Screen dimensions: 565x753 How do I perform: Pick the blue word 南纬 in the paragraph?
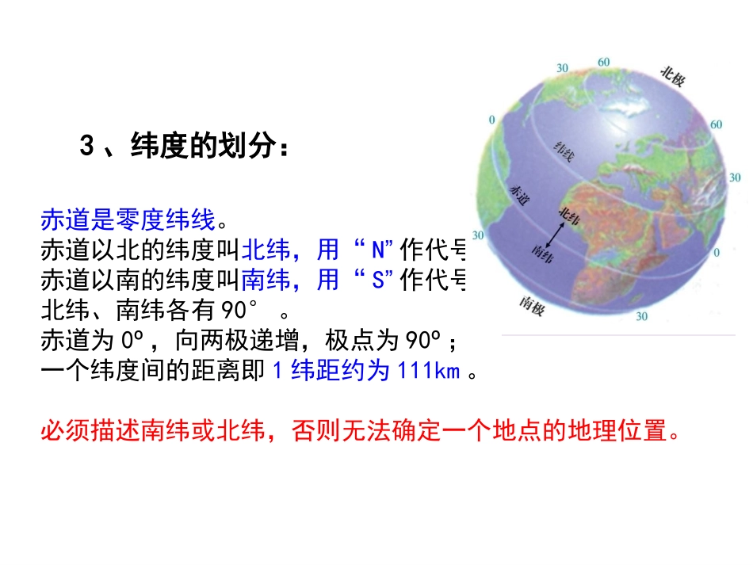(x=261, y=280)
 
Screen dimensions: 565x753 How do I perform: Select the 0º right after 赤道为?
(x=132, y=341)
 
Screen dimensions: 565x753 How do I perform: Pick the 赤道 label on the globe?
(x=518, y=194)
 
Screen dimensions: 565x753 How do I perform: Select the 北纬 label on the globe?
(x=568, y=214)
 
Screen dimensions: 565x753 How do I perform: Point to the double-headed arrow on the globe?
(x=558, y=233)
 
